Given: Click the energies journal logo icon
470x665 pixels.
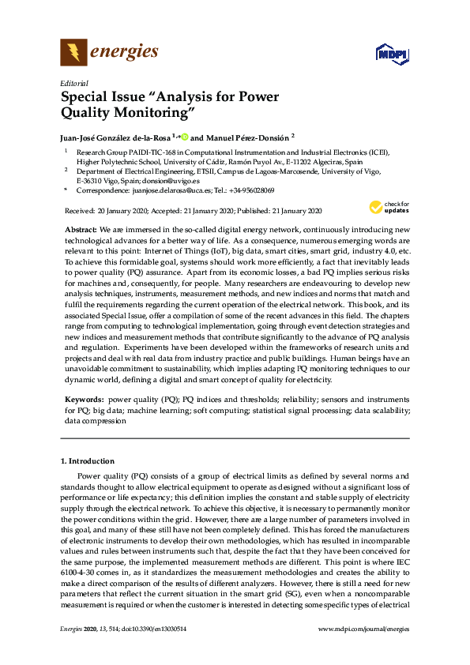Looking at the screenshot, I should click(73, 53).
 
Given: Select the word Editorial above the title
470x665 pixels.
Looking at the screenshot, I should click(73, 82).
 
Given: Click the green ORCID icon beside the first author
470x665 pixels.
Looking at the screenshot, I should click(184, 136).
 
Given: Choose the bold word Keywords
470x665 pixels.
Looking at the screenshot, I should click(83, 400).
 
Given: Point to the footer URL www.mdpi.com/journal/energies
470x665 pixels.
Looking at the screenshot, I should click(363, 629).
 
